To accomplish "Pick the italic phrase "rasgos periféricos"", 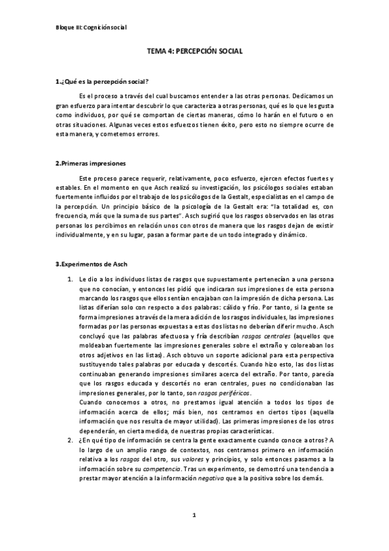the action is pos(200,384).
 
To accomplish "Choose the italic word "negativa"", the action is pos(233,479).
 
